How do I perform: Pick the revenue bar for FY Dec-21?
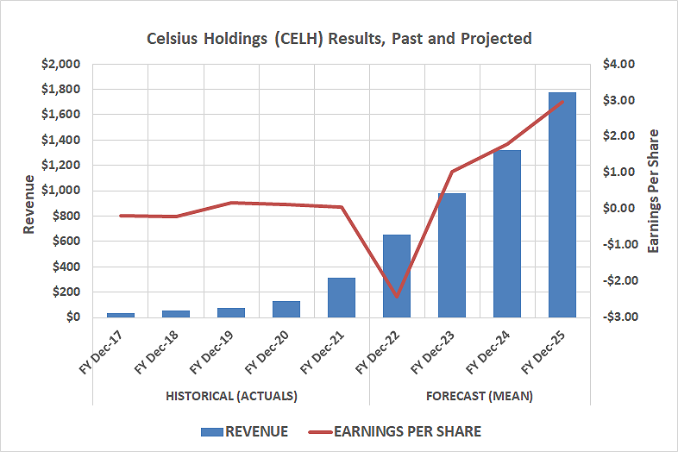pos(342,298)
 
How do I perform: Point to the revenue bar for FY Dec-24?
pos(507,234)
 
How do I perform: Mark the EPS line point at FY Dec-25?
pos(562,102)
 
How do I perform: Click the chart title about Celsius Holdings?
pos(338,38)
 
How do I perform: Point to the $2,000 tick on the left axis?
pos(61,64)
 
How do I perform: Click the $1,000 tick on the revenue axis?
pos(61,191)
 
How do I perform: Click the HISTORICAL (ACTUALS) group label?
pos(230,396)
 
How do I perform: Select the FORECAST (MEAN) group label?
pos(479,396)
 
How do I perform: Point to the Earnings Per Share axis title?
pos(653,191)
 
